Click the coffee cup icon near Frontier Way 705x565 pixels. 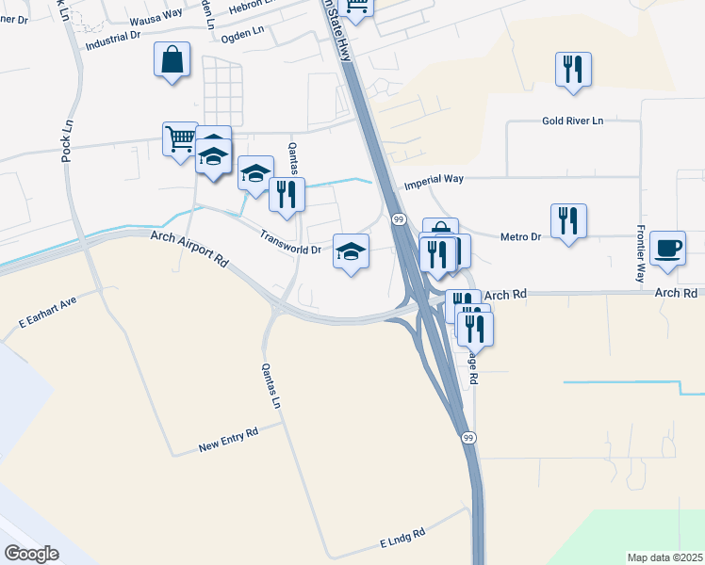(x=668, y=249)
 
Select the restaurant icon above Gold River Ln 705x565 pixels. (x=573, y=70)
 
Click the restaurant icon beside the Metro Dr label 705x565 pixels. (x=568, y=221)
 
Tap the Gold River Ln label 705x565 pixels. (x=572, y=121)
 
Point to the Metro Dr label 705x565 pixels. (x=521, y=236)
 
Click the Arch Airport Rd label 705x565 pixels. (x=189, y=247)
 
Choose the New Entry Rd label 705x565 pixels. (x=228, y=439)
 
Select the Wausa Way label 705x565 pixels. (x=156, y=15)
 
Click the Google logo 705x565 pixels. (x=31, y=553)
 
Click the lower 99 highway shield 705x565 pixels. (x=467, y=438)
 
